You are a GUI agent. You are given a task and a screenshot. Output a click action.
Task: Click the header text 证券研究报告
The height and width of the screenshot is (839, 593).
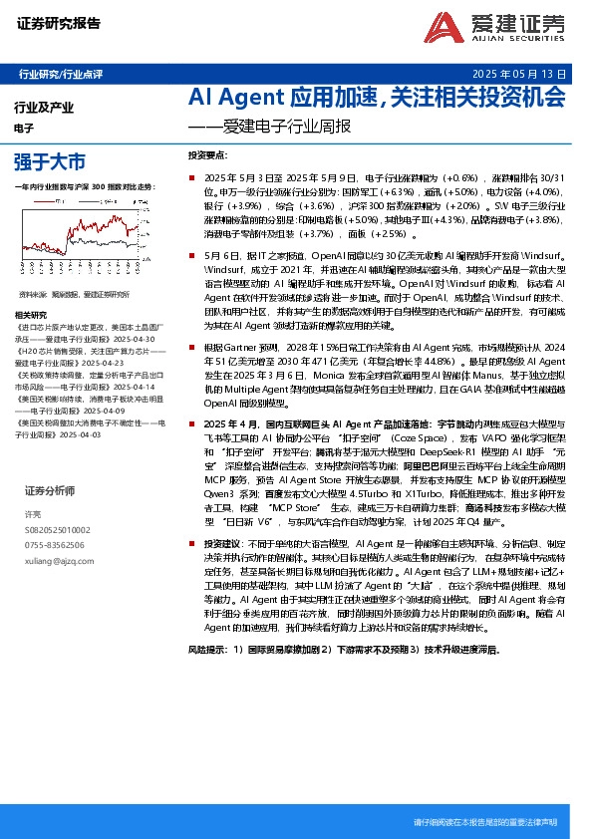59,24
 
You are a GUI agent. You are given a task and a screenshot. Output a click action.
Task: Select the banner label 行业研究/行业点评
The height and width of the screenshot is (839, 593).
61,74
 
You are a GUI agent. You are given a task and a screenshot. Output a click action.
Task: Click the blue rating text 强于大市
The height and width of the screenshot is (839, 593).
50,160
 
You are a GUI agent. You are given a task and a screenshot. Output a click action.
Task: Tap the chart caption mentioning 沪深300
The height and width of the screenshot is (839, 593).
86,186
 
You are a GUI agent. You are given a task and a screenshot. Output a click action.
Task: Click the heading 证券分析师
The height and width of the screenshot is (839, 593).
50,490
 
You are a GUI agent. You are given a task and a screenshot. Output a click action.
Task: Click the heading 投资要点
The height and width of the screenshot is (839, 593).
206,156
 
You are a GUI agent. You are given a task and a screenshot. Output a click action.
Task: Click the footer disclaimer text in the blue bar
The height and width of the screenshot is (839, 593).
484,822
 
